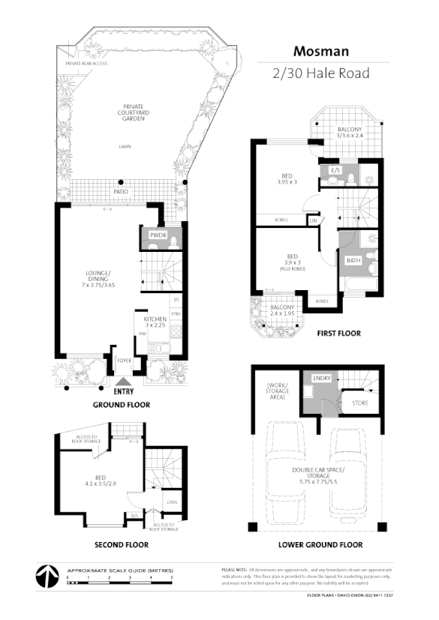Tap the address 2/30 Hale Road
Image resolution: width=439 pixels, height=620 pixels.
tap(323, 73)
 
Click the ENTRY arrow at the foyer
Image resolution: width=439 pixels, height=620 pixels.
tap(121, 382)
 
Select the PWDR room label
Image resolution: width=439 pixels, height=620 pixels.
tap(158, 235)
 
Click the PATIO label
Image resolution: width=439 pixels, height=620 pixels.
tap(119, 192)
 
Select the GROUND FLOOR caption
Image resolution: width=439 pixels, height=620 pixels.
tap(121, 405)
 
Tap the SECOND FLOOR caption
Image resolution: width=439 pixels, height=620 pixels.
tap(121, 545)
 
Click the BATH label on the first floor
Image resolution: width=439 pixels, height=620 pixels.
tap(353, 261)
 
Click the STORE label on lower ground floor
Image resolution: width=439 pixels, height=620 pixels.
tap(359, 403)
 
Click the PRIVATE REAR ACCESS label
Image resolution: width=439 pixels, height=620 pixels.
tap(86, 64)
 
